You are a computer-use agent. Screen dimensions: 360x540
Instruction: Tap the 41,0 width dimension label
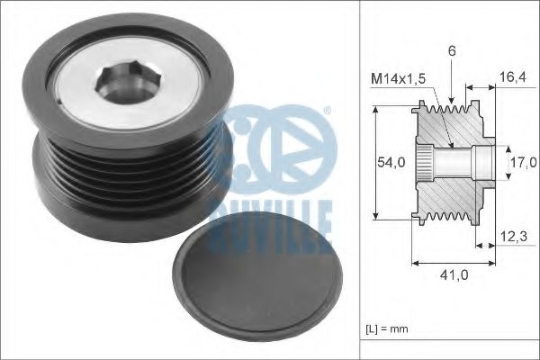[x=453, y=276]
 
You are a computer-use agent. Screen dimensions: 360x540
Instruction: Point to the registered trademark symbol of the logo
[x=326, y=112]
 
